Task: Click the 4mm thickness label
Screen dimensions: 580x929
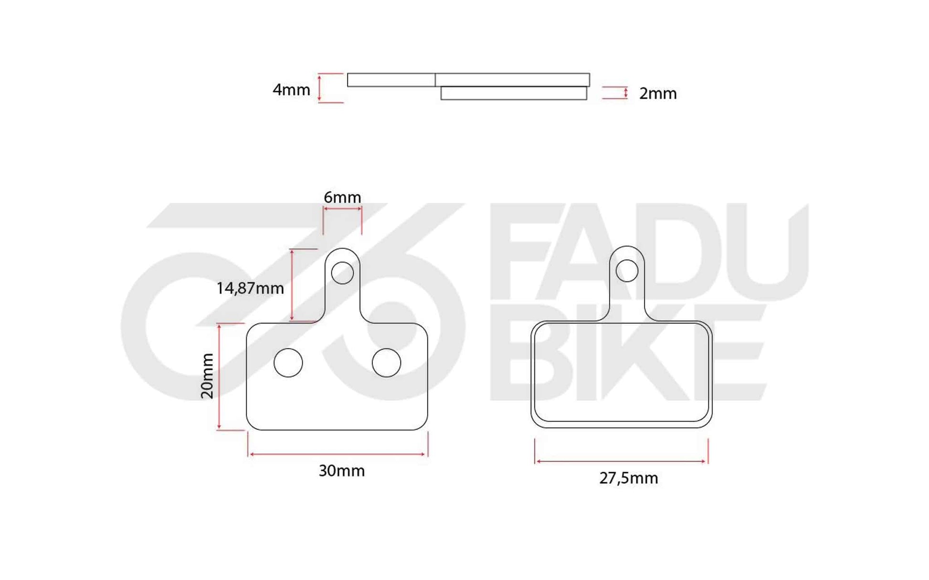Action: (291, 90)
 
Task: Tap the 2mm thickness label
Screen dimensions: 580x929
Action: (657, 93)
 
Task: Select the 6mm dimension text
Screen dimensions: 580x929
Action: (342, 197)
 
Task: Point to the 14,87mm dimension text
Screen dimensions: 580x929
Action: (250, 288)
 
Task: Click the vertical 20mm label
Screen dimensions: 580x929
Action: (207, 376)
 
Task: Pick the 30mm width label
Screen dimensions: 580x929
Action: (342, 471)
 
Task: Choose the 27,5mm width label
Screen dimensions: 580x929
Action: (628, 478)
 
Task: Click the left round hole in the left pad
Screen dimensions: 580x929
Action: (288, 362)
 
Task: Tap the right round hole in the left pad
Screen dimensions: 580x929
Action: (386, 362)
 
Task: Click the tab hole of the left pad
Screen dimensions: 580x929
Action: (342, 273)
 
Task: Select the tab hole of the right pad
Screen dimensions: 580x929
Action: (627, 271)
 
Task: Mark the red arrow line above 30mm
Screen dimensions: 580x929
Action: (337, 454)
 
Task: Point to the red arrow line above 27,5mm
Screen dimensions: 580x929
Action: (621, 461)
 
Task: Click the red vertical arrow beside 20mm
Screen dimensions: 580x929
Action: (219, 377)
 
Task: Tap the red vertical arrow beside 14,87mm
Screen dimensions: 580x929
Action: (292, 285)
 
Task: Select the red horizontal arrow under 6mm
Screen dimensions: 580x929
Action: (342, 208)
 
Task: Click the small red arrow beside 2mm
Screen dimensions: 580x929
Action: (625, 93)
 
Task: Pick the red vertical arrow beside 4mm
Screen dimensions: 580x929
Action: (319, 88)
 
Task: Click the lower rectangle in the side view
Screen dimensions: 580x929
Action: (513, 93)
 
